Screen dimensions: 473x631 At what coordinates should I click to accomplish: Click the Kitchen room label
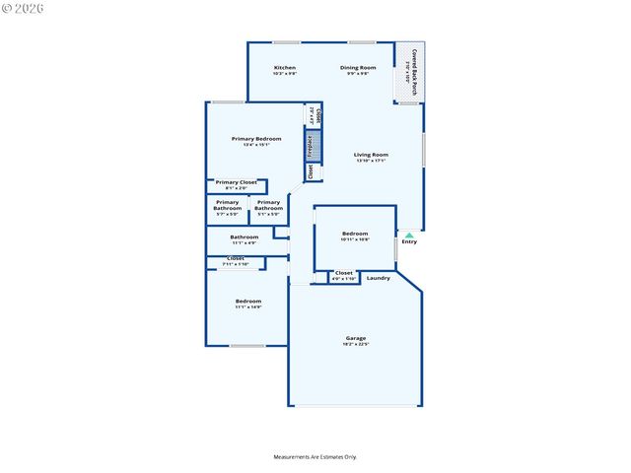(284, 68)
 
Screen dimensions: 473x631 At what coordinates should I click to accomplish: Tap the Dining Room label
(357, 68)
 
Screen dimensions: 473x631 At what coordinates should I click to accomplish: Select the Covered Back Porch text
(413, 71)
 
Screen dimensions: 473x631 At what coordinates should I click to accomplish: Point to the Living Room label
(372, 155)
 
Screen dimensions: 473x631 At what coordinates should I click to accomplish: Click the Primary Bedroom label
(256, 139)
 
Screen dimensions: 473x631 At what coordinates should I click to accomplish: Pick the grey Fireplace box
(311, 145)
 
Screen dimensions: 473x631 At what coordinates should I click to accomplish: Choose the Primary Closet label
(236, 182)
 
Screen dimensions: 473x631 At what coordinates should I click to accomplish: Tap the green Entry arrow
(409, 235)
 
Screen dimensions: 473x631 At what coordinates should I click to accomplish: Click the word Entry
(409, 242)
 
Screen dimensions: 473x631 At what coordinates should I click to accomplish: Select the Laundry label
(379, 278)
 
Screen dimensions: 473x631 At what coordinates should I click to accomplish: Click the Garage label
(355, 338)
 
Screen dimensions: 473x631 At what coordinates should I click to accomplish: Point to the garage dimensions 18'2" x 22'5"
(355, 345)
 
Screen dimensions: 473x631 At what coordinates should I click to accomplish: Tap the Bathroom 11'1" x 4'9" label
(245, 237)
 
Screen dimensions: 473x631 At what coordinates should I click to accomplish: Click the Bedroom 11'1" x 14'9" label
(247, 302)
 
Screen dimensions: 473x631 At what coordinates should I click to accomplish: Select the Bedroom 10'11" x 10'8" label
(354, 235)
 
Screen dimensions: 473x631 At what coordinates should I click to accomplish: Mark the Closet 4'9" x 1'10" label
(343, 274)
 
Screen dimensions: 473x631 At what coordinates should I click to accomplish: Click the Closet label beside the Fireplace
(311, 171)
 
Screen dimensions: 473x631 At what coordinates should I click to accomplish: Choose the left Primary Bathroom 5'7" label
(227, 206)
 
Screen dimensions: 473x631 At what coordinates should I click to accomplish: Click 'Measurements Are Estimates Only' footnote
(315, 457)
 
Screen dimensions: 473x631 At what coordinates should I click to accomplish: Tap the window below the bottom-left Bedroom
(246, 346)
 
